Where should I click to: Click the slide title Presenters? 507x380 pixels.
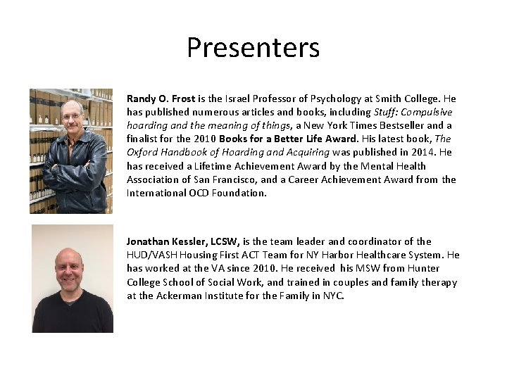pyautogui.click(x=253, y=48)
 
